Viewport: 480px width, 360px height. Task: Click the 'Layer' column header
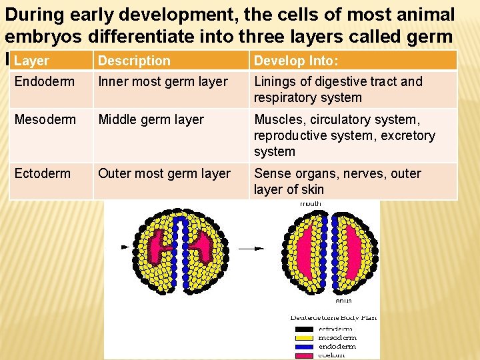coord(31,61)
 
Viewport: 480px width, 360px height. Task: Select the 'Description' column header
coord(134,61)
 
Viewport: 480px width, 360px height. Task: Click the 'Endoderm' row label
coord(42,82)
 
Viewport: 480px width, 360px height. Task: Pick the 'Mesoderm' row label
coord(43,120)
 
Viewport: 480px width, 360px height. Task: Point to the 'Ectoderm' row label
coord(42,174)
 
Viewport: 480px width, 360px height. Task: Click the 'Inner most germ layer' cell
coord(163,82)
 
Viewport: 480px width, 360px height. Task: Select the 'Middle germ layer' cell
coord(151,120)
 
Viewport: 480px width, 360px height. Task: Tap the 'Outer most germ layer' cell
coord(164,174)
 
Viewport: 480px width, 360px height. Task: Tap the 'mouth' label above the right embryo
coord(311,203)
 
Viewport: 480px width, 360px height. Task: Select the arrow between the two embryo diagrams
coord(251,248)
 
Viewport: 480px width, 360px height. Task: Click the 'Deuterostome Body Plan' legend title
coord(333,318)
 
